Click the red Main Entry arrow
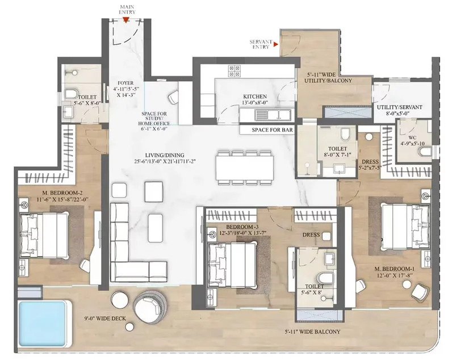click(126, 19)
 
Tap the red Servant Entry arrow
click(276, 44)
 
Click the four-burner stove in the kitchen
click(234, 70)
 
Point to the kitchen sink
click(273, 115)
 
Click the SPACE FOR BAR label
click(272, 130)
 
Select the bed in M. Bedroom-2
click(44, 235)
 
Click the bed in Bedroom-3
click(232, 265)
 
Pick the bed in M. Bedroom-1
click(405, 226)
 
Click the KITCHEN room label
click(255, 97)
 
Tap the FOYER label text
click(125, 83)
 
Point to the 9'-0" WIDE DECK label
click(105, 319)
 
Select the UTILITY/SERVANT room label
click(400, 107)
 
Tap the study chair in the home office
click(174, 97)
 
